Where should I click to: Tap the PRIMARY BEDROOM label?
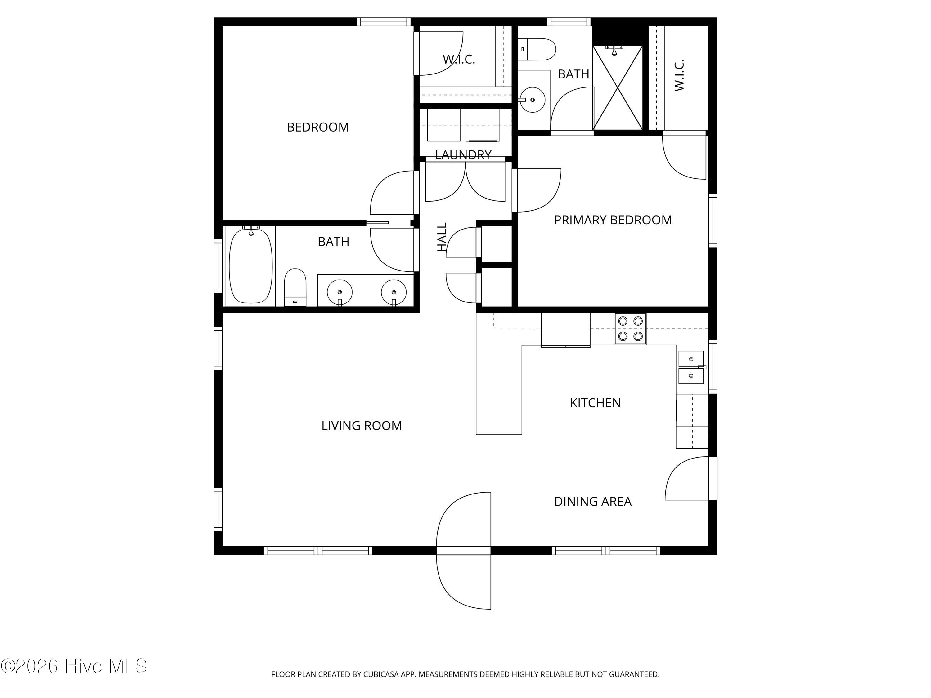coord(613,220)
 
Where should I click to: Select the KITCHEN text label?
coord(595,403)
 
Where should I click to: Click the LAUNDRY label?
coord(463,155)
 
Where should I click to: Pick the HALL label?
coord(442,237)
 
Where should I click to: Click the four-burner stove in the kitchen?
coord(630,329)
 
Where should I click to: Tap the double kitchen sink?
coord(691,367)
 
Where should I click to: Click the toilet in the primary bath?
coord(536,49)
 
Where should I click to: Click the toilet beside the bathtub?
coord(295,287)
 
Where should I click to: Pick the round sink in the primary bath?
coord(533,100)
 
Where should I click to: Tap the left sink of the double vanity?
coord(340,292)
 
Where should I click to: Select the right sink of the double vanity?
coord(394,292)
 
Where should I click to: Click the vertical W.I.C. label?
coord(679,75)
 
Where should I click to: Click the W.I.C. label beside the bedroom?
coord(459,59)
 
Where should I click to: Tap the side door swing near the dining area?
coord(686,478)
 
